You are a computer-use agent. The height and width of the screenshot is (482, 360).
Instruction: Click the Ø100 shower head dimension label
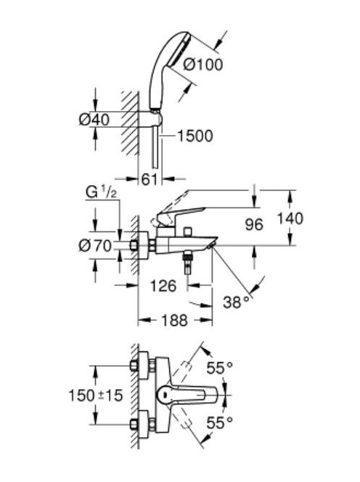tap(203, 65)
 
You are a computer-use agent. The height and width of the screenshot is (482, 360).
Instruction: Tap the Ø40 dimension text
tap(94, 120)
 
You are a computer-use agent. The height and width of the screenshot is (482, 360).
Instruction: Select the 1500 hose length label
tap(195, 136)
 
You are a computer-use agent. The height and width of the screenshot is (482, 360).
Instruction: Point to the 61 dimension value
tap(150, 179)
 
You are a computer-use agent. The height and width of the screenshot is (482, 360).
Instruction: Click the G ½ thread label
tap(101, 193)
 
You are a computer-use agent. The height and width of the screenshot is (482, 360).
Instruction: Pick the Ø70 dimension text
tap(95, 246)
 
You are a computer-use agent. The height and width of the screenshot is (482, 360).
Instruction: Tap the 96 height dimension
tap(254, 224)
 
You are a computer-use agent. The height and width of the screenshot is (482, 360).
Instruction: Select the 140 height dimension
tap(290, 218)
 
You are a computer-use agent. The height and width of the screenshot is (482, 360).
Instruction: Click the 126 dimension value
tap(163, 286)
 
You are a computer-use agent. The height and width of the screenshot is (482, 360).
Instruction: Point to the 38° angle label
tap(236, 302)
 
